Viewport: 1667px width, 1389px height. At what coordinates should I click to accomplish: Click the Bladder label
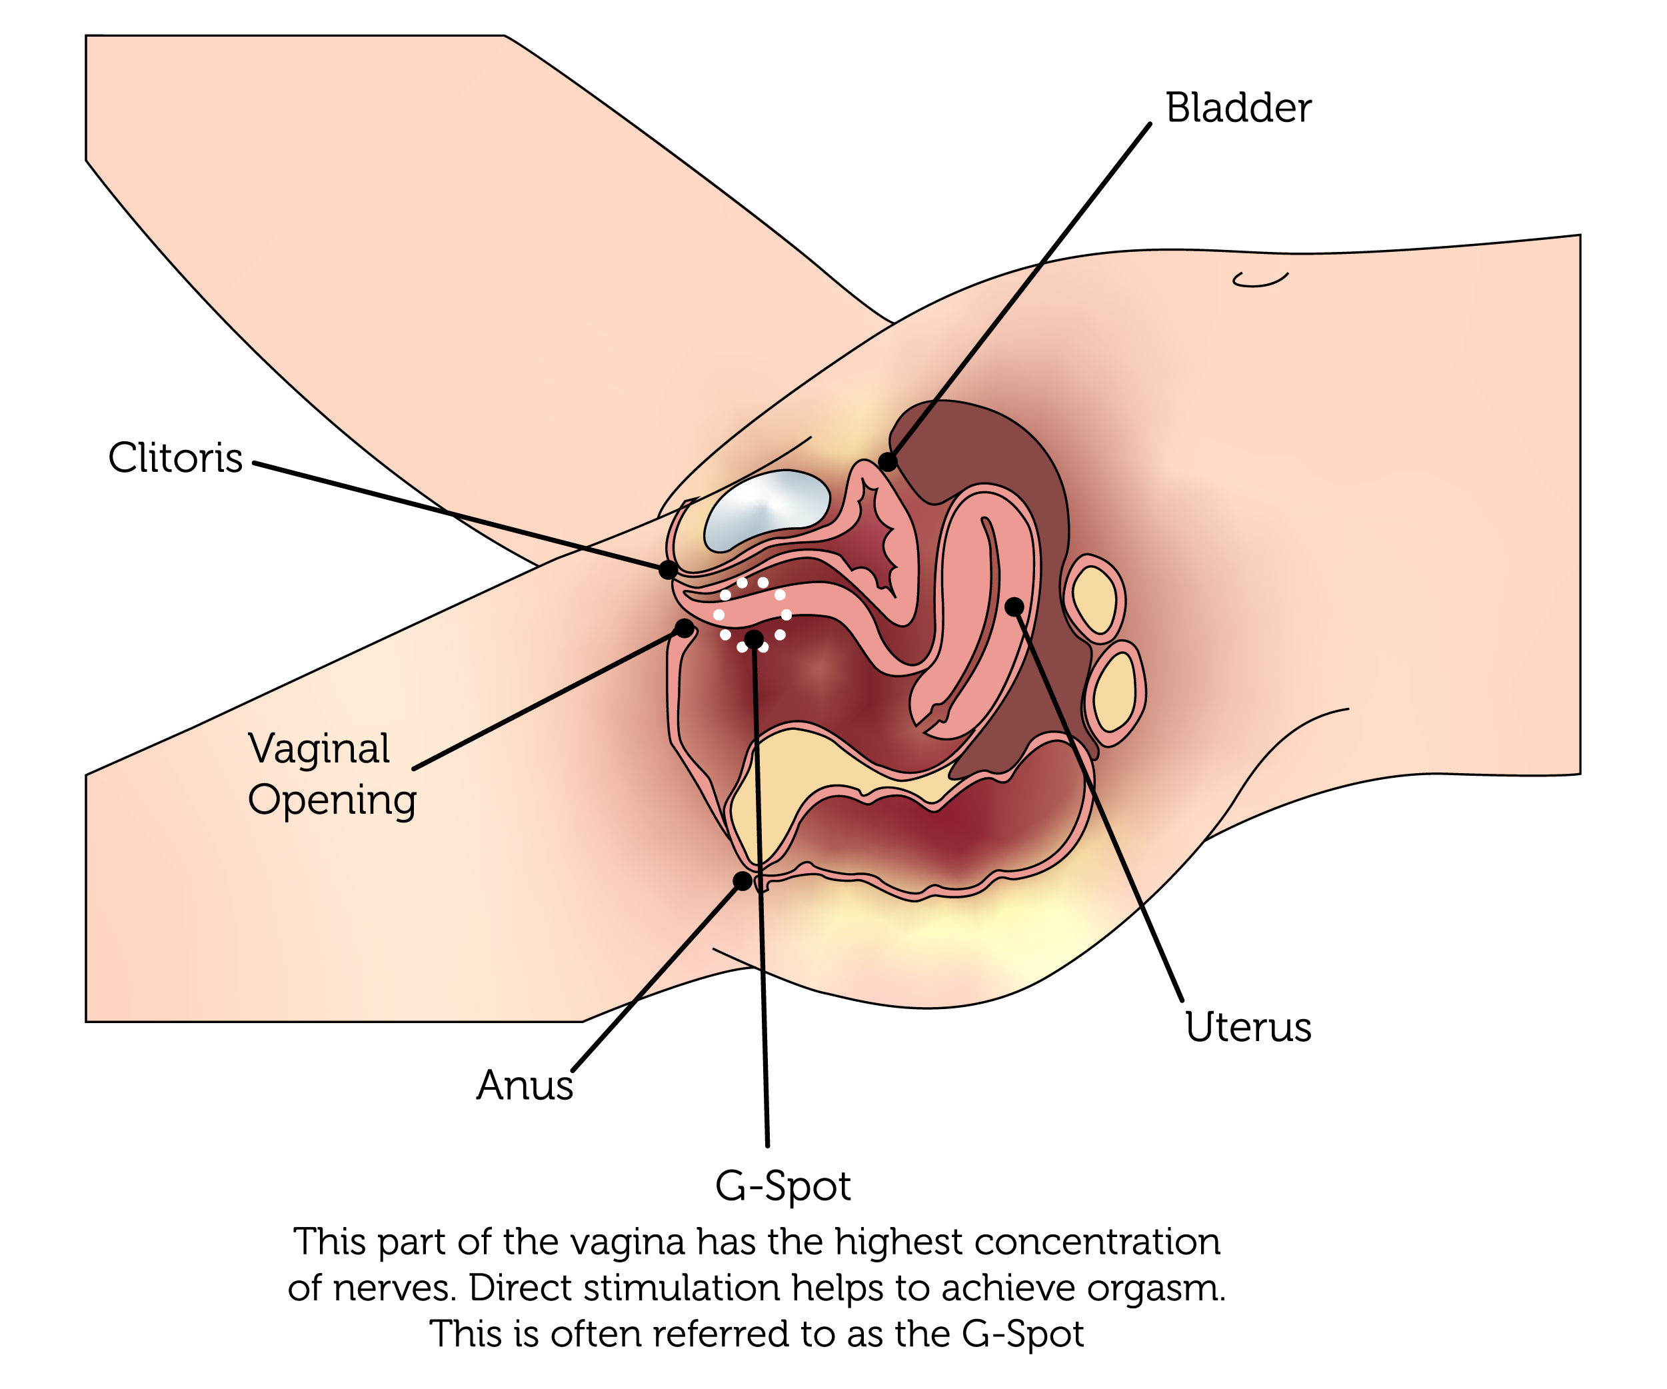pyautogui.click(x=1238, y=108)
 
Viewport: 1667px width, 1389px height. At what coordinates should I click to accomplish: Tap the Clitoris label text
pyautogui.click(x=175, y=458)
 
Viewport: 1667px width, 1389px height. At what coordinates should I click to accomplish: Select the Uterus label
pyautogui.click(x=1248, y=1026)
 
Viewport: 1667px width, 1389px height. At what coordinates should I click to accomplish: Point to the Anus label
pyautogui.click(x=525, y=1085)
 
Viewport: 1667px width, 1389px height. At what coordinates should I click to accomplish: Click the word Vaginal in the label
pyautogui.click(x=319, y=748)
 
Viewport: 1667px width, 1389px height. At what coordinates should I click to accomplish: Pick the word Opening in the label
pyautogui.click(x=332, y=800)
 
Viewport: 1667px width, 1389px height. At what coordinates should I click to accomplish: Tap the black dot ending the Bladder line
pyautogui.click(x=887, y=462)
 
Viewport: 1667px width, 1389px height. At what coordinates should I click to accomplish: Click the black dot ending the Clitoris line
pyautogui.click(x=669, y=569)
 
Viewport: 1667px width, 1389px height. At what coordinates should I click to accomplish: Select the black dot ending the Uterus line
pyautogui.click(x=1014, y=607)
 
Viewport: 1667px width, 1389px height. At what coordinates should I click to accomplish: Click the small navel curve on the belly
pyautogui.click(x=1260, y=279)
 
